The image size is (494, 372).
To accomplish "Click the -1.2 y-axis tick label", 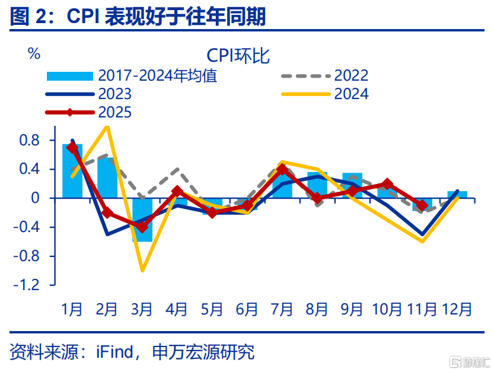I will click(30, 285).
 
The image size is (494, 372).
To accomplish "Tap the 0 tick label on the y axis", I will click(35, 198).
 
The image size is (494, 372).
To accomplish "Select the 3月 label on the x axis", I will click(142, 309).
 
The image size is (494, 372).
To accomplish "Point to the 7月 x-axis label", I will click(282, 309).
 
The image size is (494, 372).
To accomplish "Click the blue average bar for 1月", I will click(72, 171).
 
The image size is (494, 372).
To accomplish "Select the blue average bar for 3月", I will click(142, 220).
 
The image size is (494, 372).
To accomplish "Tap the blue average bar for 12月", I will click(457, 195).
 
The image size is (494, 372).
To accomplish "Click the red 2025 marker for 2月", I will click(107, 212).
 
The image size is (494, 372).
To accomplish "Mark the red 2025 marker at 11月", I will click(422, 205).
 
